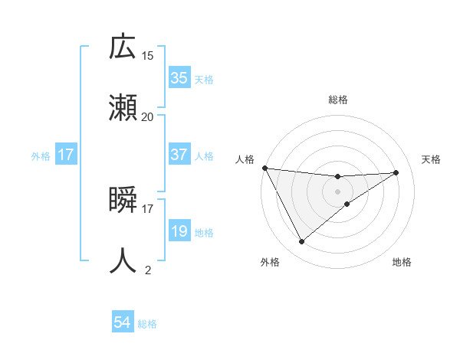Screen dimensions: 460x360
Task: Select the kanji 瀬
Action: pyautogui.click(x=123, y=107)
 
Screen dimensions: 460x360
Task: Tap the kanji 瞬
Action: pyautogui.click(x=123, y=201)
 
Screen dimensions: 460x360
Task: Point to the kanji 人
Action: pyautogui.click(x=123, y=260)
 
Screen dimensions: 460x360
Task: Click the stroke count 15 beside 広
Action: pyautogui.click(x=148, y=55)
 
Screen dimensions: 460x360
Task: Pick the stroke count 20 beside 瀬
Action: pyautogui.click(x=148, y=116)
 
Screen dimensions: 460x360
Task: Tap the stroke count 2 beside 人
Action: pyautogui.click(x=148, y=270)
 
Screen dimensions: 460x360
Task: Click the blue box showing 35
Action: pyautogui.click(x=179, y=78)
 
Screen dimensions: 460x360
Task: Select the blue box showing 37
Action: pyautogui.click(x=179, y=155)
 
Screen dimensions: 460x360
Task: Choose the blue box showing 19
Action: pyautogui.click(x=179, y=231)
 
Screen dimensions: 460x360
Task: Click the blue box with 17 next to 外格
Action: pyautogui.click(x=66, y=155)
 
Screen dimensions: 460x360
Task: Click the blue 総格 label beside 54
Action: pyautogui.click(x=147, y=324)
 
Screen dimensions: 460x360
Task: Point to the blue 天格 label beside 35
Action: pyautogui.click(x=204, y=79)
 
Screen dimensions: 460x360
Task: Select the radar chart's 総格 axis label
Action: pyautogui.click(x=338, y=100)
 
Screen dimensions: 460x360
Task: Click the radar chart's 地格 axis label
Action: pyautogui.click(x=402, y=263)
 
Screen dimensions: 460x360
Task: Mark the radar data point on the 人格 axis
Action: pyautogui.click(x=264, y=168)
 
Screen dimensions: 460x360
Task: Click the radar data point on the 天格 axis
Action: pyautogui.click(x=396, y=172)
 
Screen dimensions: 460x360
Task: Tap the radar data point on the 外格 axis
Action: pyautogui.click(x=301, y=242)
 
